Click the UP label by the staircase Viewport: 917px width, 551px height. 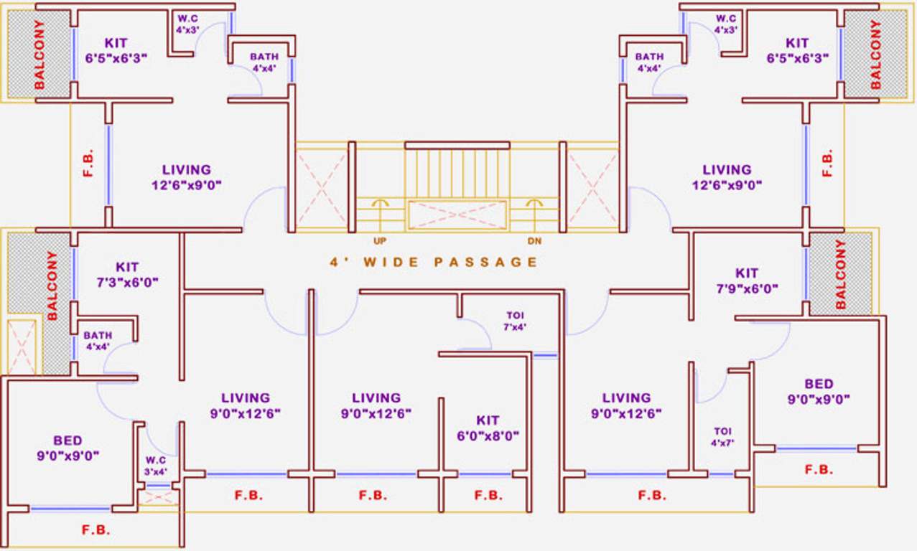click(x=381, y=240)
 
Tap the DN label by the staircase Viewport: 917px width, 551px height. click(x=534, y=240)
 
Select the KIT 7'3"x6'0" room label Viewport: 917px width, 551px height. click(x=127, y=274)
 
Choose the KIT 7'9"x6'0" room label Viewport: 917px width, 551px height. click(x=747, y=281)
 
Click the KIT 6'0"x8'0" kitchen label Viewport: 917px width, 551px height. click(x=488, y=428)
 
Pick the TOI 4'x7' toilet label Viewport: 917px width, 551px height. click(x=722, y=437)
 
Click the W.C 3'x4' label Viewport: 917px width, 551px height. click(x=156, y=466)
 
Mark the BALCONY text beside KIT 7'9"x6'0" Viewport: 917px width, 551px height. click(x=841, y=274)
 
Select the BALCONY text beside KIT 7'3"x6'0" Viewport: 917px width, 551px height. click(x=52, y=285)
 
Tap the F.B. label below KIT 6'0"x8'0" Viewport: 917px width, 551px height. click(x=488, y=495)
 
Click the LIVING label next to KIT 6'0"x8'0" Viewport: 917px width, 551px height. click(x=376, y=405)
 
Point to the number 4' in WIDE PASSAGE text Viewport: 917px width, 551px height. click(x=335, y=262)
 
